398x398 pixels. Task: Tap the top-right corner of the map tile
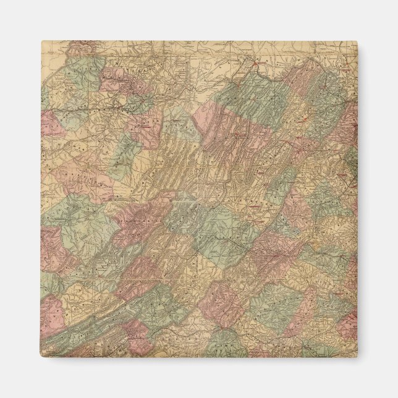tap(357, 42)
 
